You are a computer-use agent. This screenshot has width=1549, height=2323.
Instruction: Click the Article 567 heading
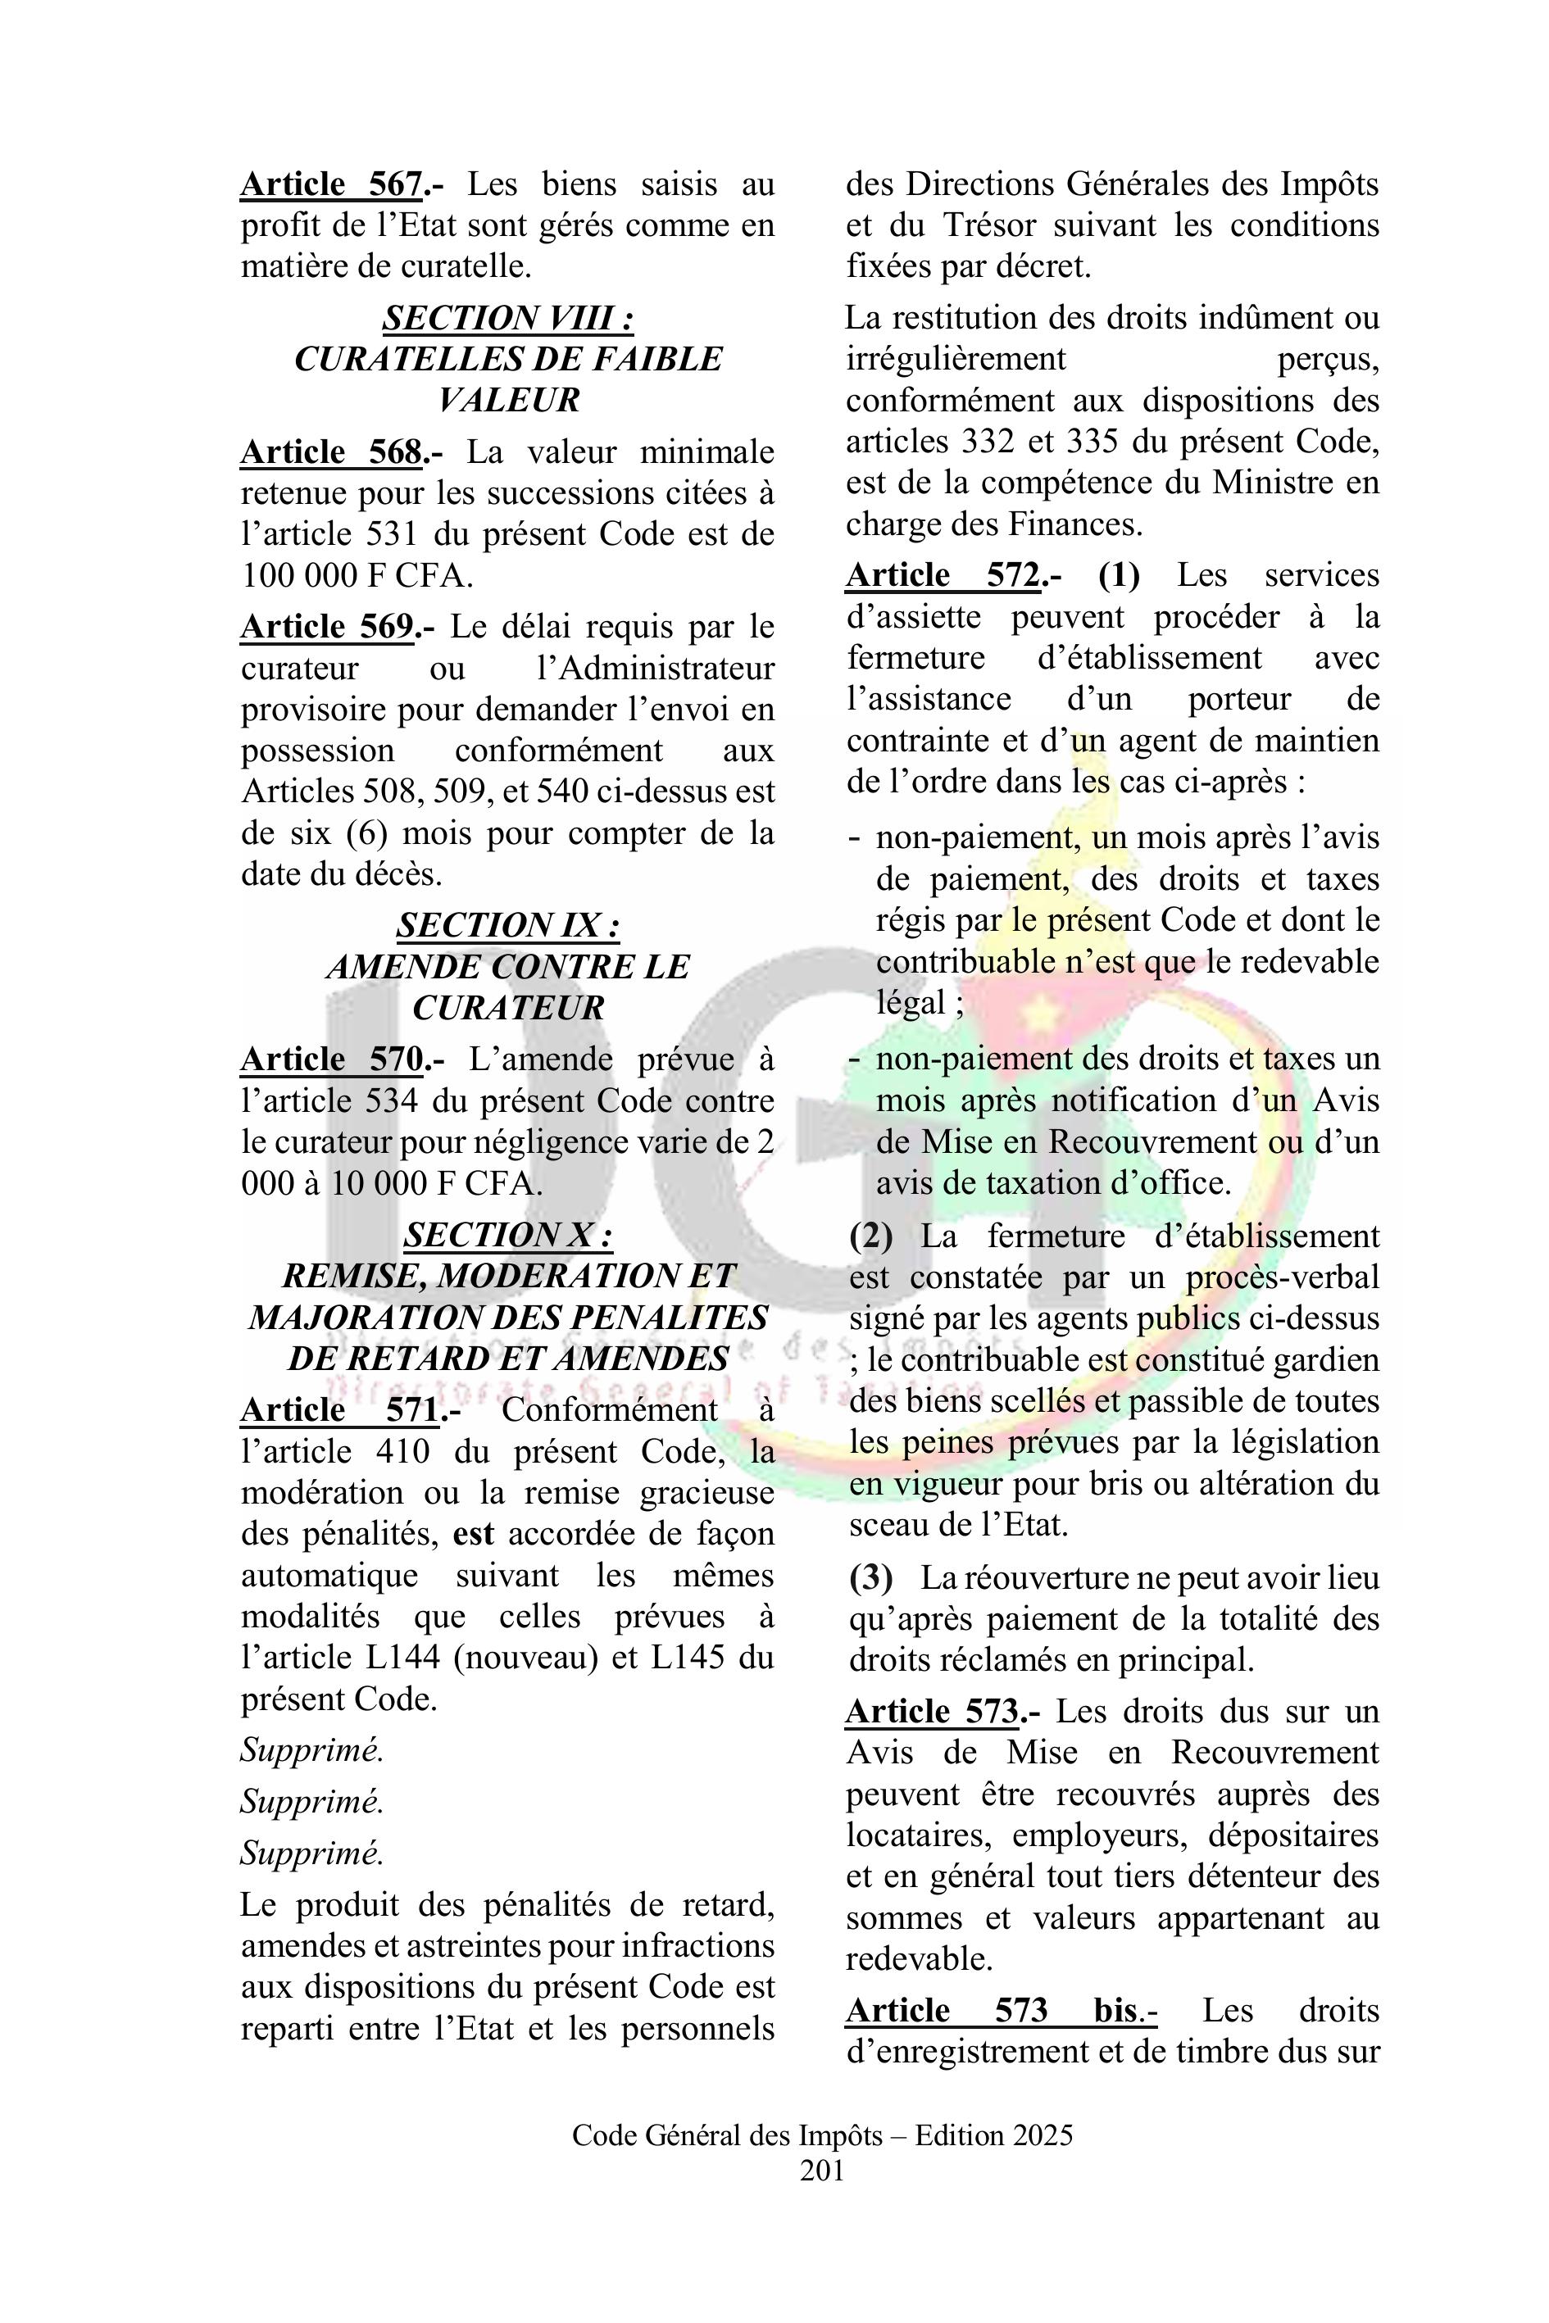pyautogui.click(x=332, y=184)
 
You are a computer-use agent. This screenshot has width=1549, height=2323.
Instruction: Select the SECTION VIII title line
pyautogui.click(x=508, y=318)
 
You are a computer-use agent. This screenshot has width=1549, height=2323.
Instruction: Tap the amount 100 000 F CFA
pyautogui.click(x=357, y=575)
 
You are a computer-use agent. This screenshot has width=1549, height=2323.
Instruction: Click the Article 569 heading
pyautogui.click(x=327, y=627)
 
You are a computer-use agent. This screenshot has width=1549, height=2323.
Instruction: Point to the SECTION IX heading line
pyautogui.click(x=508, y=925)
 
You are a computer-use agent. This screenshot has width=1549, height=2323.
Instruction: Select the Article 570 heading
pyautogui.click(x=332, y=1059)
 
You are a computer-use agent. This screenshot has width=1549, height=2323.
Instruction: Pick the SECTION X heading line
pyautogui.click(x=508, y=1236)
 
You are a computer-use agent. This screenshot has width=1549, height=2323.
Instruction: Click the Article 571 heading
pyautogui.click(x=338, y=1410)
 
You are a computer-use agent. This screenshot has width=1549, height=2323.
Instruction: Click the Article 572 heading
pyautogui.click(x=943, y=575)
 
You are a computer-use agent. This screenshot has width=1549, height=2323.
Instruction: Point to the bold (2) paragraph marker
pyautogui.click(x=870, y=1236)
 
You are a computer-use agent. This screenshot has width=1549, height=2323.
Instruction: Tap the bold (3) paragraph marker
pyautogui.click(x=870, y=1577)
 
